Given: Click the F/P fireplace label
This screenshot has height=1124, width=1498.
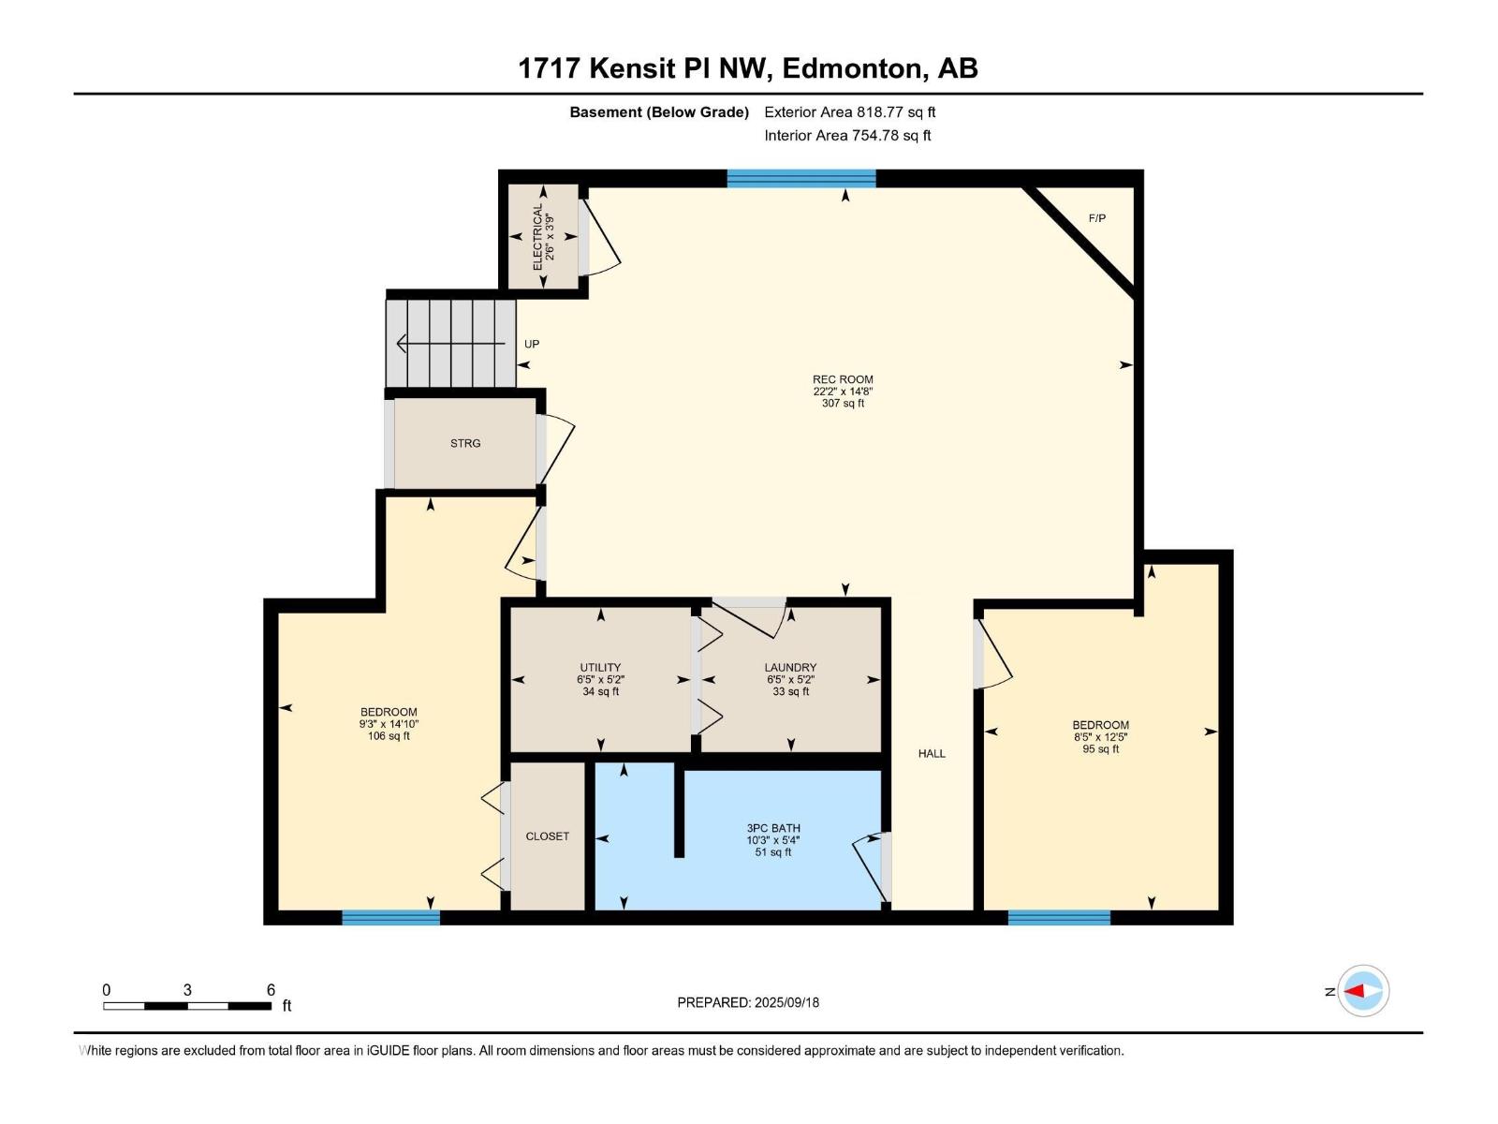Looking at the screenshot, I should point(1096,218).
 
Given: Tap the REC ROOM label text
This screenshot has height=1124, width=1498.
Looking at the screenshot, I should point(843,379).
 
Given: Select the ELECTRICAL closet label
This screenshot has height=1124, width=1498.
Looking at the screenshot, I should point(538,238).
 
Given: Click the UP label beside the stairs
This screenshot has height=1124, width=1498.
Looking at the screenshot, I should point(532,344).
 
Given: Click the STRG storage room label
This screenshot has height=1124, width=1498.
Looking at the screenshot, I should point(465,443).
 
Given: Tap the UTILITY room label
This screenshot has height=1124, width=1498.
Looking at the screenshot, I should point(600,668).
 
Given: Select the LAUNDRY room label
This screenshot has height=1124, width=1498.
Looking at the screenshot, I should point(790,668).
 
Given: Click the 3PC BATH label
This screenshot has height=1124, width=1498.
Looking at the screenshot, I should point(773,828).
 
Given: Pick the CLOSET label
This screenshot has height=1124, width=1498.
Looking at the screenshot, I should point(547,836).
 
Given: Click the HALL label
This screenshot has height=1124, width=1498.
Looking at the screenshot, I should point(932,753).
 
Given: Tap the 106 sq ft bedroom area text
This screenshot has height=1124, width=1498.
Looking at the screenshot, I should point(389,736).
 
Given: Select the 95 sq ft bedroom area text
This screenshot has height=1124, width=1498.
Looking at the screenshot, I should point(1100,748).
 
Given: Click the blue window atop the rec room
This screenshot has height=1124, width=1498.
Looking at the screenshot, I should point(801,178).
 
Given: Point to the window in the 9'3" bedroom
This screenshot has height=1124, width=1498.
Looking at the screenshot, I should point(390,918).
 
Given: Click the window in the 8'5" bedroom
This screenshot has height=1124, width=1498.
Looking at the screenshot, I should point(1059,918).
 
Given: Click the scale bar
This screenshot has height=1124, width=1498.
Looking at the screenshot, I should point(187,1005).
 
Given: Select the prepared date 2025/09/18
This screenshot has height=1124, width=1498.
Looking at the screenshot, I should point(748,1002).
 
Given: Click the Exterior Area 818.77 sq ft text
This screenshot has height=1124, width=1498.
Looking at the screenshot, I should point(849,112).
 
